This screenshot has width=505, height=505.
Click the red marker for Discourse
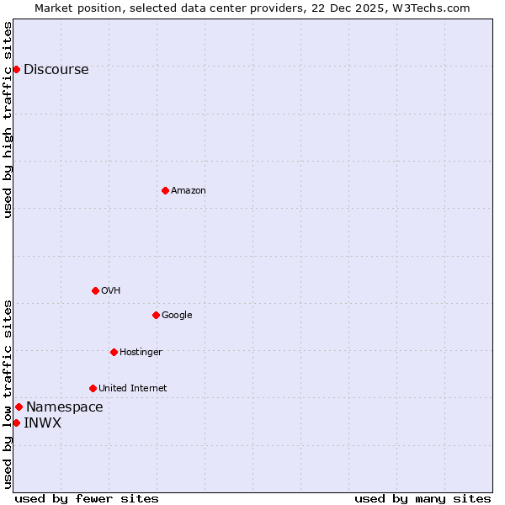tap(16, 69)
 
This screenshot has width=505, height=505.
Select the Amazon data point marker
tap(165, 190)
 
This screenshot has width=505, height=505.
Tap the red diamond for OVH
tap(95, 290)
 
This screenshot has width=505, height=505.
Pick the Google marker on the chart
tap(156, 315)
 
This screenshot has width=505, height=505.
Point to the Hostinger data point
tap(114, 352)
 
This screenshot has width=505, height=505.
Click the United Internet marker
tap(93, 388)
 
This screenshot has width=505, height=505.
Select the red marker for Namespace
tap(19, 407)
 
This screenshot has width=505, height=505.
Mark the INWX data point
tap(16, 423)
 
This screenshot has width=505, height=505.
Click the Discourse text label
tap(56, 70)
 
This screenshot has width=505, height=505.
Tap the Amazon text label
tap(189, 191)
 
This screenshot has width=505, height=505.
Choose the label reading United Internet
tap(133, 389)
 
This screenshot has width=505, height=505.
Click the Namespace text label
tap(65, 407)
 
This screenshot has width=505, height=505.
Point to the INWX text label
tap(43, 423)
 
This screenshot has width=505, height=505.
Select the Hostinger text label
tap(141, 353)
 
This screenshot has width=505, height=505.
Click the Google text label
tap(177, 316)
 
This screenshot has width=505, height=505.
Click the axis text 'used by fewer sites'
tap(87, 498)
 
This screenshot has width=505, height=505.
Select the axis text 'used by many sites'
tap(423, 498)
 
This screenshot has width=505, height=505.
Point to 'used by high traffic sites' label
tap(8, 120)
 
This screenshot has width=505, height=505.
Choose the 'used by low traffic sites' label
tap(8, 394)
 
